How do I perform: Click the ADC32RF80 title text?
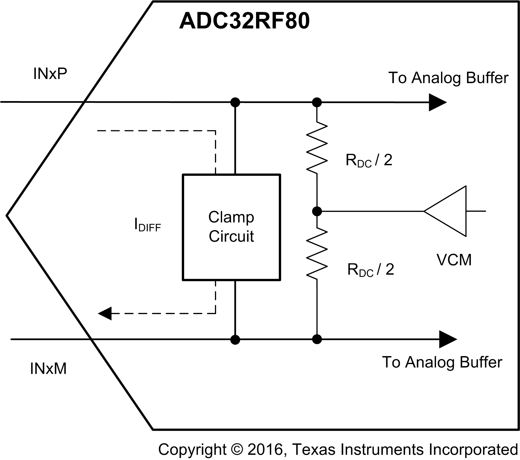[244, 21]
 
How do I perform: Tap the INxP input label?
[50, 74]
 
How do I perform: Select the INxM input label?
[48, 369]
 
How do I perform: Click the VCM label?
[454, 260]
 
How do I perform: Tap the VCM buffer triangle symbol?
[449, 211]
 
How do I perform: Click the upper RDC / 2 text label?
[369, 160]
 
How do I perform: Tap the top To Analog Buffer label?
[448, 78]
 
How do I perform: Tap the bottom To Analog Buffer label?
[442, 362]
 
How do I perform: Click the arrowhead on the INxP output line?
[437, 102]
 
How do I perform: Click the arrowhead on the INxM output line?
[447, 339]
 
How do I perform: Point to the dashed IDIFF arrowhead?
[105, 313]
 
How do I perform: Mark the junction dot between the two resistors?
[317, 211]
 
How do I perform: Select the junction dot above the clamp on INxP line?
[235, 102]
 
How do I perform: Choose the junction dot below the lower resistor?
[317, 339]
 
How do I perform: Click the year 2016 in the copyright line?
[265, 450]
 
